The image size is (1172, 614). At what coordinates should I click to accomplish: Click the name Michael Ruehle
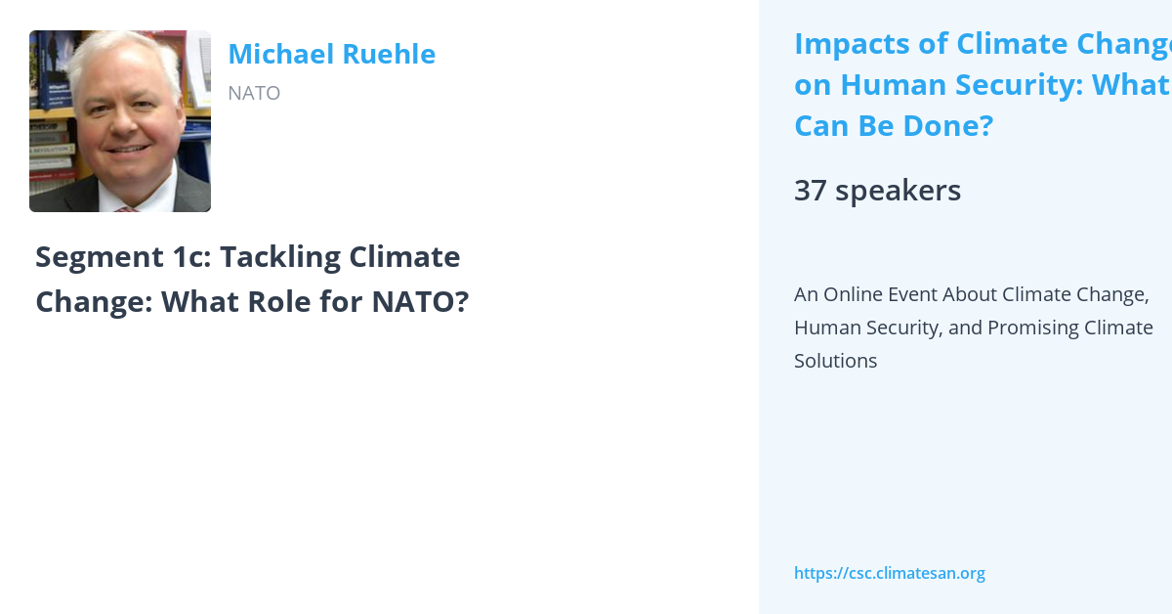[x=331, y=55]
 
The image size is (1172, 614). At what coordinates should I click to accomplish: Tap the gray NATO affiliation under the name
[x=254, y=93]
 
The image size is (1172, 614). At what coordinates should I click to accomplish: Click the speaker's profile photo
[x=120, y=121]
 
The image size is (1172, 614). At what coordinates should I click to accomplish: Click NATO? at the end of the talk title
[x=420, y=302]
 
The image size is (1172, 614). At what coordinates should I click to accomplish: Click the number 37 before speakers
[x=811, y=191]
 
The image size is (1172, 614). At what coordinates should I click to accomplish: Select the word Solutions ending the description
[x=835, y=361]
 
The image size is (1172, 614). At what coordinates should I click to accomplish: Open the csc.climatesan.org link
[x=889, y=573]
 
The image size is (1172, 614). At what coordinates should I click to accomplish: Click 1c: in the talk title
[x=185, y=257]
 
